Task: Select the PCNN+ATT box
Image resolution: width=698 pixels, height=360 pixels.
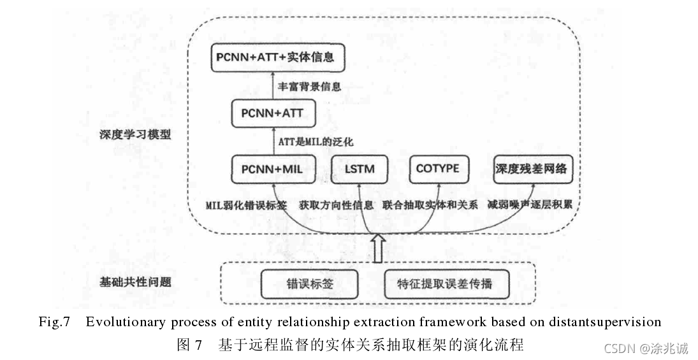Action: point(273,113)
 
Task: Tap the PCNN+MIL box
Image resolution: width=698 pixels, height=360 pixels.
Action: point(272,169)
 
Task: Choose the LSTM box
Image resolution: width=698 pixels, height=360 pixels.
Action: point(360,169)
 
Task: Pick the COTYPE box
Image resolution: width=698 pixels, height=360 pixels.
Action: point(438,169)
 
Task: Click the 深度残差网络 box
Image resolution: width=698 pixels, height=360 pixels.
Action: point(530,169)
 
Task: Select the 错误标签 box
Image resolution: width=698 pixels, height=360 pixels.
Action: point(309,284)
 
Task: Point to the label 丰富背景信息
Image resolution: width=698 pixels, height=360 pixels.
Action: point(310,86)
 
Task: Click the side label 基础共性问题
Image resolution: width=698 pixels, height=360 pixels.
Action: point(135,281)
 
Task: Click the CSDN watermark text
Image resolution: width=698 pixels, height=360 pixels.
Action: point(646,348)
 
